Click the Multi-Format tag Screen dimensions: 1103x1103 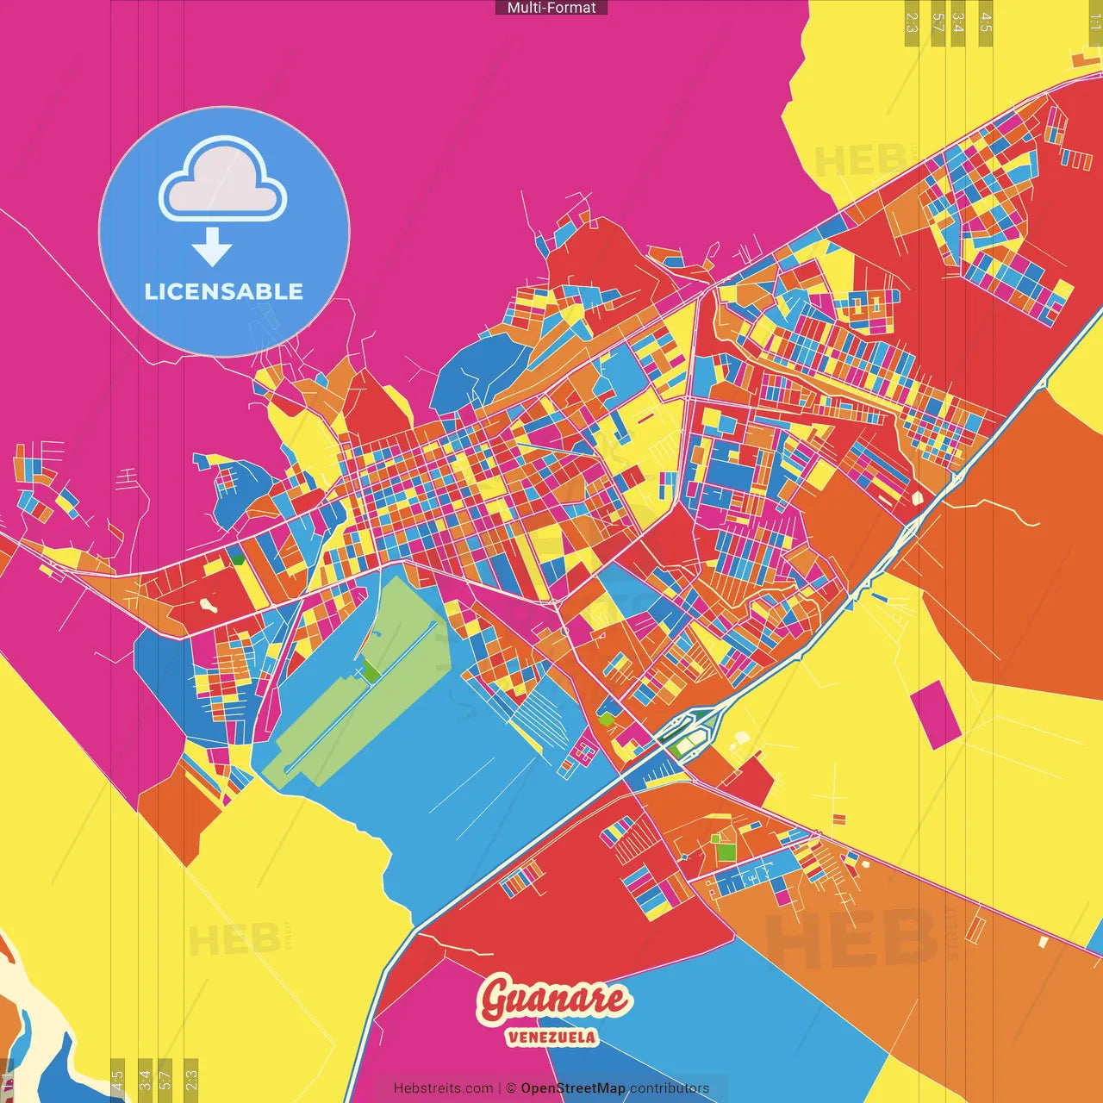(551, 8)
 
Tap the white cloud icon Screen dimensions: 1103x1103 (223, 178)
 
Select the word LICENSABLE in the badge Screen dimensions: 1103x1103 (224, 291)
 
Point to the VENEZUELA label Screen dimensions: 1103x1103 (551, 1037)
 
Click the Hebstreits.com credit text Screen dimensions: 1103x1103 (443, 1088)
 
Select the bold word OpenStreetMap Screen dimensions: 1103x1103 (573, 1088)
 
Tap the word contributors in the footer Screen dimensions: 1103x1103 (670, 1088)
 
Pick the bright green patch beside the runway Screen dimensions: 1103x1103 (371, 670)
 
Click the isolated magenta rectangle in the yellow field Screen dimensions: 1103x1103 (934, 714)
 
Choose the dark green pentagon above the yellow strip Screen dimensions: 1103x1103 (237, 558)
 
